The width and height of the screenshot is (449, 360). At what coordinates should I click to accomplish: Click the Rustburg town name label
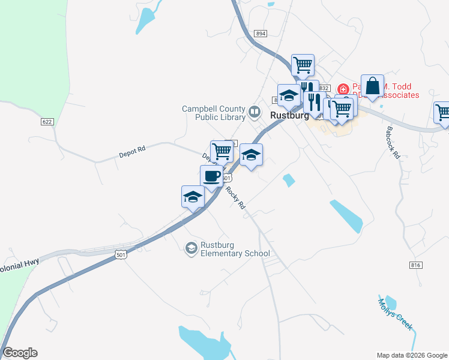point(290,115)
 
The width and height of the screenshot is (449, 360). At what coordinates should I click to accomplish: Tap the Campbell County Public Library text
point(214,112)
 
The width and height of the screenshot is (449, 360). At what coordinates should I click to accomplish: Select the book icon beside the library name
point(255,112)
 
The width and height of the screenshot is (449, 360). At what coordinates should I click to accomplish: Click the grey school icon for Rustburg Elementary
point(191,248)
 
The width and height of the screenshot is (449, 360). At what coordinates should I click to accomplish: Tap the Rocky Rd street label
point(236,197)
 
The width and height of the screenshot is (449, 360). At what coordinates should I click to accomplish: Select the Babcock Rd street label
point(393,142)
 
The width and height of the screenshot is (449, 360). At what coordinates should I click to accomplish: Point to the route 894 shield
point(261,34)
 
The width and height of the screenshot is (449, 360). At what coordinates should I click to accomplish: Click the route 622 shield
point(48,122)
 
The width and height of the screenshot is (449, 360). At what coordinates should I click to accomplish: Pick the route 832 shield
point(325,88)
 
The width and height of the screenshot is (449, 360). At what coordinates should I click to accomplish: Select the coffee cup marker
point(211,176)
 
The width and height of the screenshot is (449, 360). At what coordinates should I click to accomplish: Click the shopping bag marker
point(372,86)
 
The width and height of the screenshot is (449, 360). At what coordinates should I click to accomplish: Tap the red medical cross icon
point(343,89)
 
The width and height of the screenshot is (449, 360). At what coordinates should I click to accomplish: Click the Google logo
point(20,353)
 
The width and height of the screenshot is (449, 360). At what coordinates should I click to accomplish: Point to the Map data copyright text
point(412,355)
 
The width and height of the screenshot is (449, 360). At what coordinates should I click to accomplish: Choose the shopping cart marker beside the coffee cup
point(221,151)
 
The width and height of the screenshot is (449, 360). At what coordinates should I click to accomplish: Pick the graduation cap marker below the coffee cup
point(193,197)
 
